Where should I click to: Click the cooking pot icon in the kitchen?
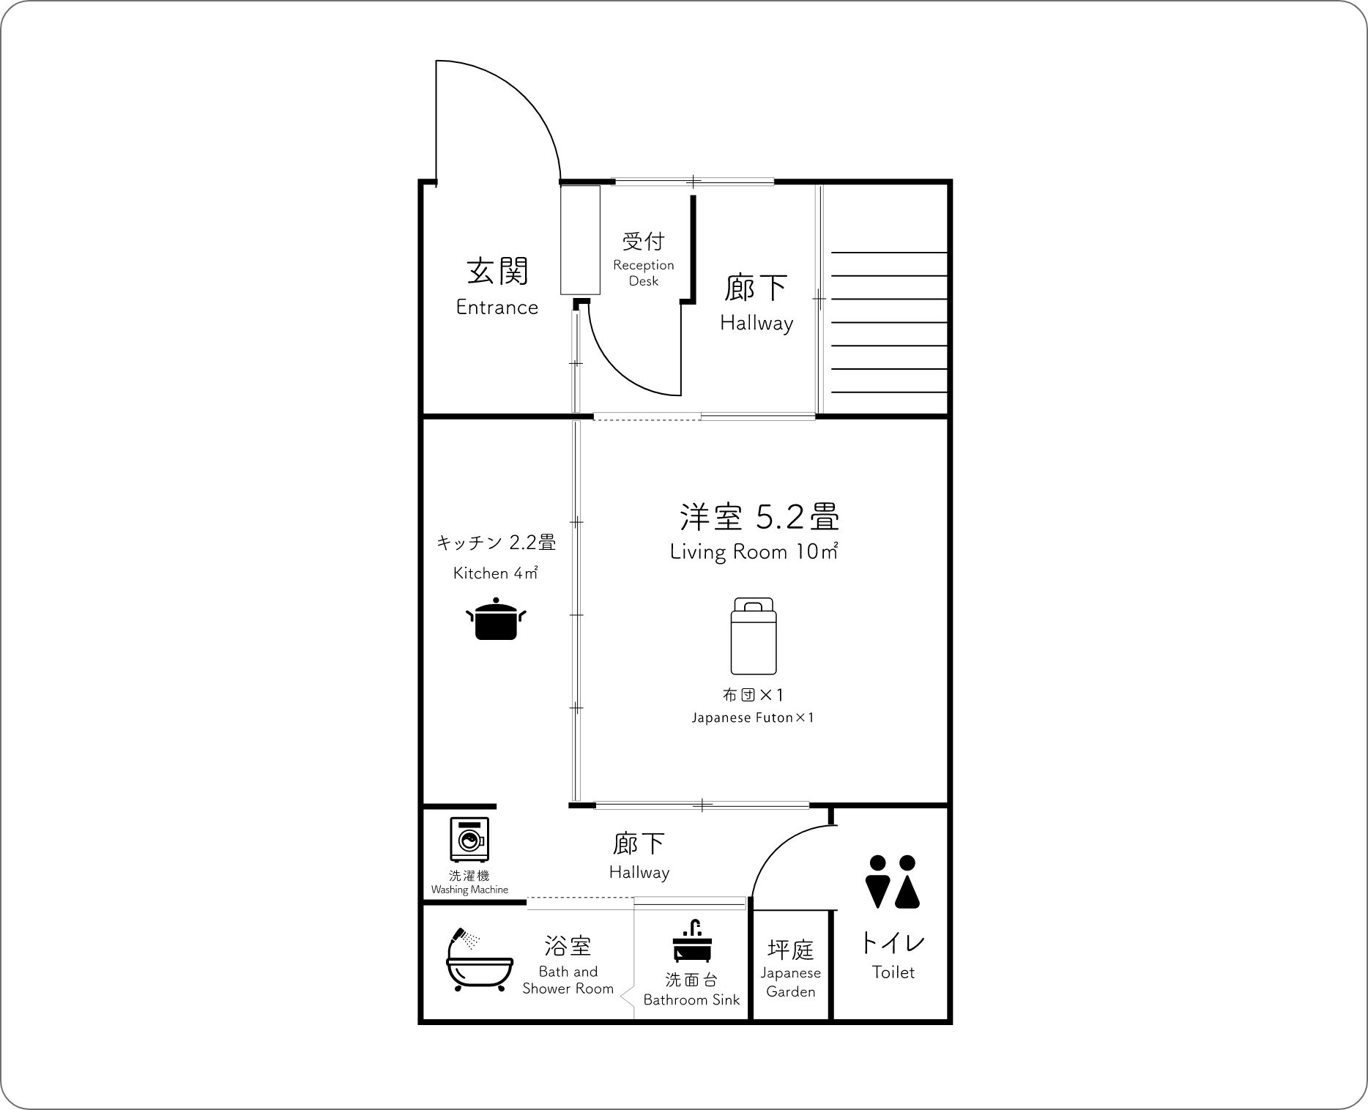click(497, 619)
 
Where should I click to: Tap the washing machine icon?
click(469, 838)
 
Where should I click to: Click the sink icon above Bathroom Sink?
click(691, 940)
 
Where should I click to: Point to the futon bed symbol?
click(754, 636)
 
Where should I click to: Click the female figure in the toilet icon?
click(907, 882)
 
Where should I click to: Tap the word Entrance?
click(497, 307)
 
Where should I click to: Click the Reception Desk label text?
click(644, 272)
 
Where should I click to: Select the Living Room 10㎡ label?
click(754, 551)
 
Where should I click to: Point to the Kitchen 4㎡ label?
click(496, 573)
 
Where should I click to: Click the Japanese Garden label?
click(791, 982)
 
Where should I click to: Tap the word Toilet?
click(893, 972)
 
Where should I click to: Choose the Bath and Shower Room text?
click(568, 980)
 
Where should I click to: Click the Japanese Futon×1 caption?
click(753, 718)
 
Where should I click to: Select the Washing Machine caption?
click(469, 890)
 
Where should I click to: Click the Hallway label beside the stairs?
click(757, 323)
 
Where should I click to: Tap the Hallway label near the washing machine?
click(639, 872)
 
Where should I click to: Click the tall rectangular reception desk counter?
click(581, 240)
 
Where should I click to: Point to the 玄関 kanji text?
click(498, 271)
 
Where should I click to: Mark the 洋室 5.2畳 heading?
click(759, 517)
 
